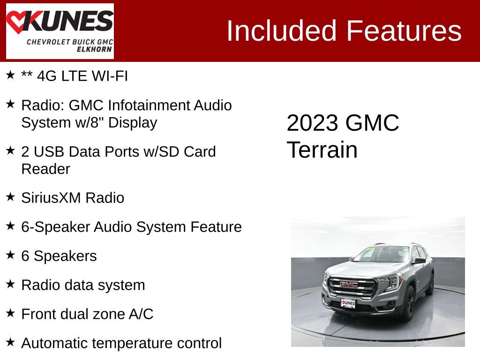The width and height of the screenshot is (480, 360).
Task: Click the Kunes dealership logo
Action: coord(60,31)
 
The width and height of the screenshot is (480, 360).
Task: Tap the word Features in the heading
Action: coord(404,31)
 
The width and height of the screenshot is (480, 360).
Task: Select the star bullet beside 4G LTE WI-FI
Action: coord(10,75)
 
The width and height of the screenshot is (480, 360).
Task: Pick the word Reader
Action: coord(45,169)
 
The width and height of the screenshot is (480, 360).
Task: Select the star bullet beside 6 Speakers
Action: coord(10,255)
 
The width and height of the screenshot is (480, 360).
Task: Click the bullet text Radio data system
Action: coord(83,285)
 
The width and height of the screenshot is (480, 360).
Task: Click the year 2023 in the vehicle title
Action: coord(312,123)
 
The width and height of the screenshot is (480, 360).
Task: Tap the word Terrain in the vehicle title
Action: coord(322,150)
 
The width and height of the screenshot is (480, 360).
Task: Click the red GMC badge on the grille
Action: coord(348,284)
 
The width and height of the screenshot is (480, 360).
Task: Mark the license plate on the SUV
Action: coord(348,303)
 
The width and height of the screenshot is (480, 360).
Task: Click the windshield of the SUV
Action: coord(381,255)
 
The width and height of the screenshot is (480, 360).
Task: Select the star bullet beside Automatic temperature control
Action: coord(10,342)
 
